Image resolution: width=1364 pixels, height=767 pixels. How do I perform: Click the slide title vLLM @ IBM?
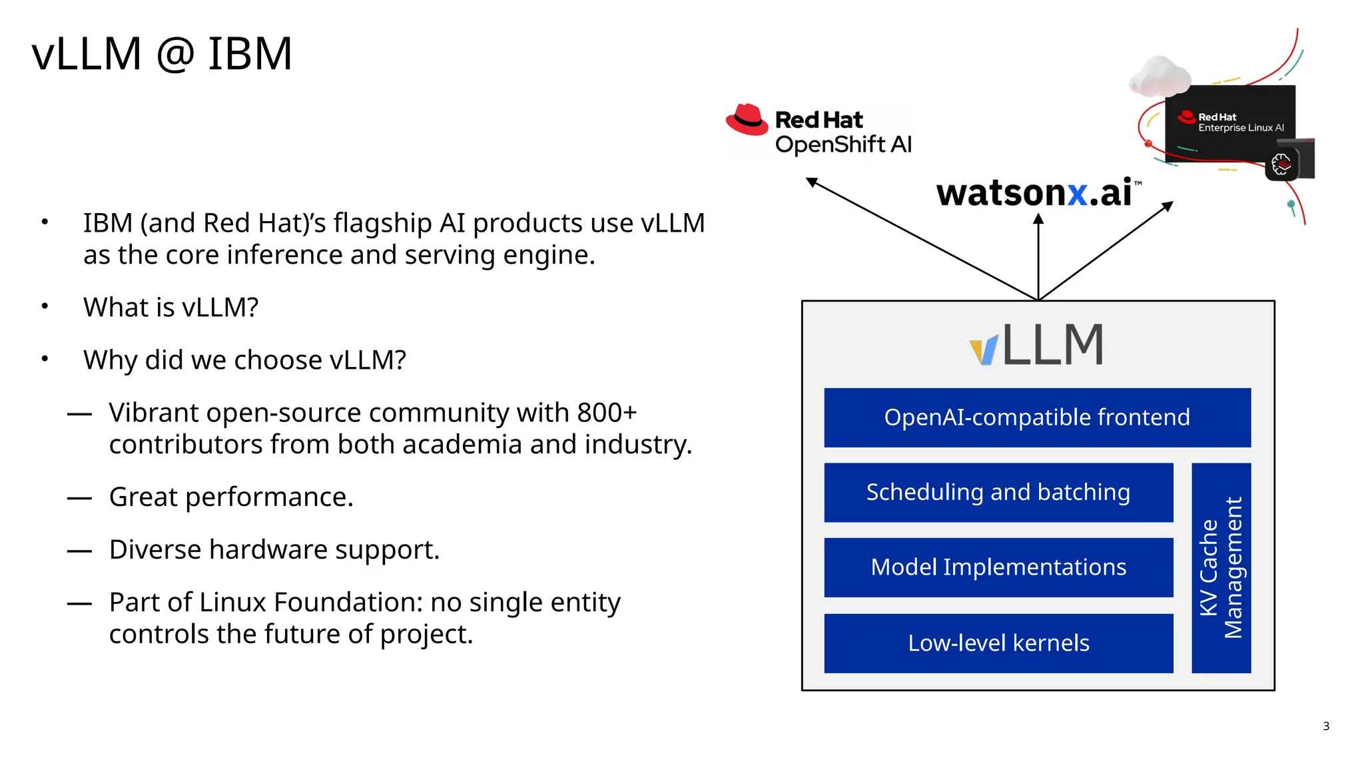[x=162, y=54]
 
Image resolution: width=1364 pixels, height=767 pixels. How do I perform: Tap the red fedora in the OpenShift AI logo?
[x=747, y=120]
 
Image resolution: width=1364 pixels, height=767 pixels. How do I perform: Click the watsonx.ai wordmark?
[x=1034, y=193]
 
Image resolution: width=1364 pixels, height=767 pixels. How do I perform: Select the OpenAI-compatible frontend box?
[x=1037, y=417]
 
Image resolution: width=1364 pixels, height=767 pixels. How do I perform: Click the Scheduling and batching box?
[x=998, y=493]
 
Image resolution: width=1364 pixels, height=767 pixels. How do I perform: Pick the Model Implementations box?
[x=998, y=567]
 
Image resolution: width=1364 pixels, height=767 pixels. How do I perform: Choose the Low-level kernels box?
[x=998, y=643]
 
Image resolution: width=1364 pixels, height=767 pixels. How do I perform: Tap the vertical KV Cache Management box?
[x=1221, y=567]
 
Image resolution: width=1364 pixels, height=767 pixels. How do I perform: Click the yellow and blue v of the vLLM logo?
[x=984, y=350]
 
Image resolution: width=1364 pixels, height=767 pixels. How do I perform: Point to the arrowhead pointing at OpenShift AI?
[x=811, y=182]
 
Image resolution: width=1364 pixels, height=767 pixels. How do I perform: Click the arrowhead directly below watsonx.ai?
[x=1038, y=219]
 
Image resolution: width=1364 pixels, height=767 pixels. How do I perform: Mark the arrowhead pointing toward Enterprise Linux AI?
[x=1168, y=206]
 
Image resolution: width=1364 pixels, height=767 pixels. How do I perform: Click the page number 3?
[x=1325, y=726]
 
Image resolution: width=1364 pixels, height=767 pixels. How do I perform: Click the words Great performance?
[x=231, y=497]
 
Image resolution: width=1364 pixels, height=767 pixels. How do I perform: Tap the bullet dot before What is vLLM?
[x=45, y=306]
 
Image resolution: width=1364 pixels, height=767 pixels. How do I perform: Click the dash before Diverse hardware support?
[x=79, y=551]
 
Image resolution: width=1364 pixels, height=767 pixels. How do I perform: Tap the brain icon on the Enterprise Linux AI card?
[x=1281, y=164]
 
